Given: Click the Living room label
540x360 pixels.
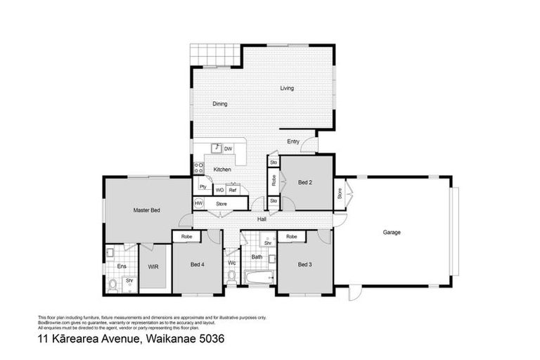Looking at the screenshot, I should [x=287, y=89].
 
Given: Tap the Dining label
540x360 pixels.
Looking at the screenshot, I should [x=220, y=104].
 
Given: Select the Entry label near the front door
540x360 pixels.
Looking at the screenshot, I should [x=293, y=142].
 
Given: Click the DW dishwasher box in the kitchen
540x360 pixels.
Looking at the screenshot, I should [x=228, y=149].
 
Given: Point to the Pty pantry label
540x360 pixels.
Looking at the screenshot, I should [x=202, y=187].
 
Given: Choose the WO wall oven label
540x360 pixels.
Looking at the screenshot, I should [x=220, y=190].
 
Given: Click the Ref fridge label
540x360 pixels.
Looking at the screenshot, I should [x=233, y=190].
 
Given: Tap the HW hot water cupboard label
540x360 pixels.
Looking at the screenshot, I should [x=198, y=204].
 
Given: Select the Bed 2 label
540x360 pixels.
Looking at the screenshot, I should [x=304, y=183].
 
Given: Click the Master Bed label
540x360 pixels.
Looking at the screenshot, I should [x=147, y=210].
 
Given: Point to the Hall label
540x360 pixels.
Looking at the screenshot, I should [x=261, y=220].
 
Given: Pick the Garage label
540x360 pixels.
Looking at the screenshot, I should [x=392, y=232].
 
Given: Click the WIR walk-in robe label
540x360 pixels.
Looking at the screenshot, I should [x=153, y=266].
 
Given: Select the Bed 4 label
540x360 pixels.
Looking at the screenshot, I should [x=198, y=265].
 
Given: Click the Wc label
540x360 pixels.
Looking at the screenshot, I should [x=231, y=264].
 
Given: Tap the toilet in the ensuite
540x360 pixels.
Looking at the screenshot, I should [x=112, y=284].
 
